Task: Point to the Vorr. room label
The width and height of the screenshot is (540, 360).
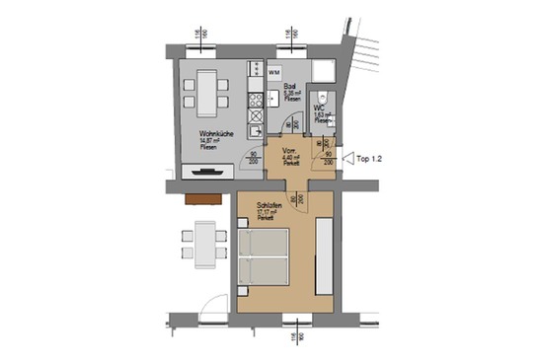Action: click(289, 151)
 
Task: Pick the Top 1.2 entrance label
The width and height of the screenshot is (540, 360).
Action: click(369, 156)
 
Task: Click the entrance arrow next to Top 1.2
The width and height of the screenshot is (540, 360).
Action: click(347, 156)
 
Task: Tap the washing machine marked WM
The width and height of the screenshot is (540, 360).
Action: click(275, 73)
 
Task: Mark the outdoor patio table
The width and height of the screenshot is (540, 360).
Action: click(203, 243)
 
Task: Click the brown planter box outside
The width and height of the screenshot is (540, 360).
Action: click(202, 197)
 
